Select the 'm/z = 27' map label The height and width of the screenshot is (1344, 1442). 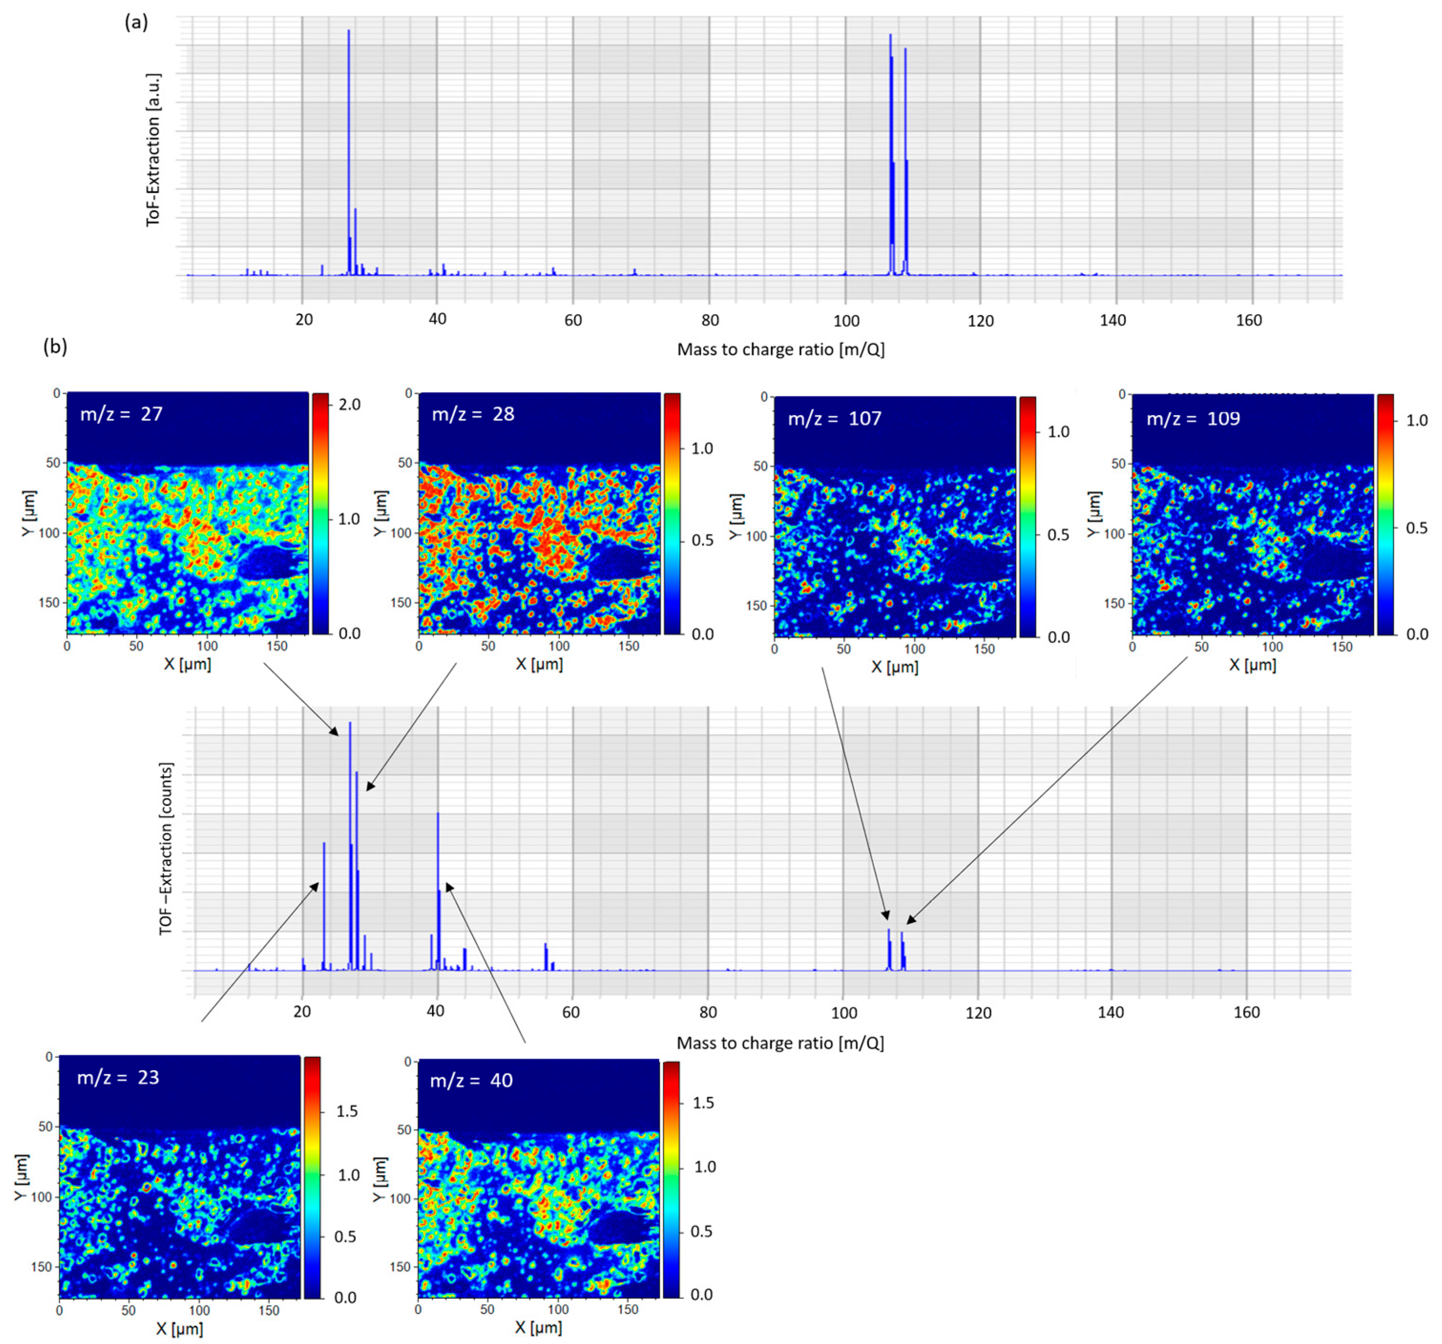tap(121, 414)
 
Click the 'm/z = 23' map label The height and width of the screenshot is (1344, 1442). tap(117, 1077)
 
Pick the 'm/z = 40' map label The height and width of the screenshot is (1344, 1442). tap(471, 1080)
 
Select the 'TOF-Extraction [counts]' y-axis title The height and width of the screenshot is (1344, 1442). tap(166, 848)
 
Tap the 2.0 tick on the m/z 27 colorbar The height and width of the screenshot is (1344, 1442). tap(350, 404)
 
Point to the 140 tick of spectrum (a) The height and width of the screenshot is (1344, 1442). tap(1113, 320)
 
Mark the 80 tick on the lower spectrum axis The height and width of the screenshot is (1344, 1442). tap(708, 1012)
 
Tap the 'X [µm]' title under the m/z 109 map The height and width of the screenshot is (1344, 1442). tap(1252, 664)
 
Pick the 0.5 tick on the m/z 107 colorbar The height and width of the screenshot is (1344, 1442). tap(1058, 534)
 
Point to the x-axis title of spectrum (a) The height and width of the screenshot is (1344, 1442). tap(781, 349)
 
